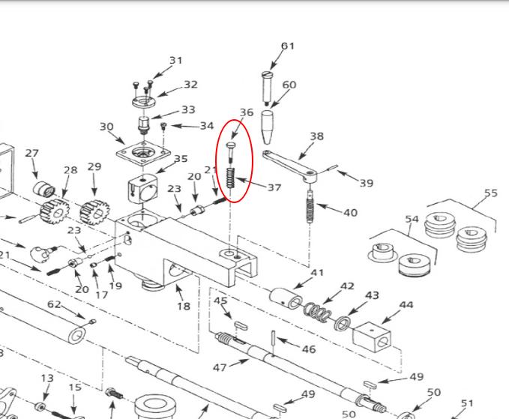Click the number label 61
point(288,46)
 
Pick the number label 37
point(274,187)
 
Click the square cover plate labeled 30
point(139,154)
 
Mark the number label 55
point(490,193)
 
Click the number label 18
point(184,305)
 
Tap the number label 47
point(220,367)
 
